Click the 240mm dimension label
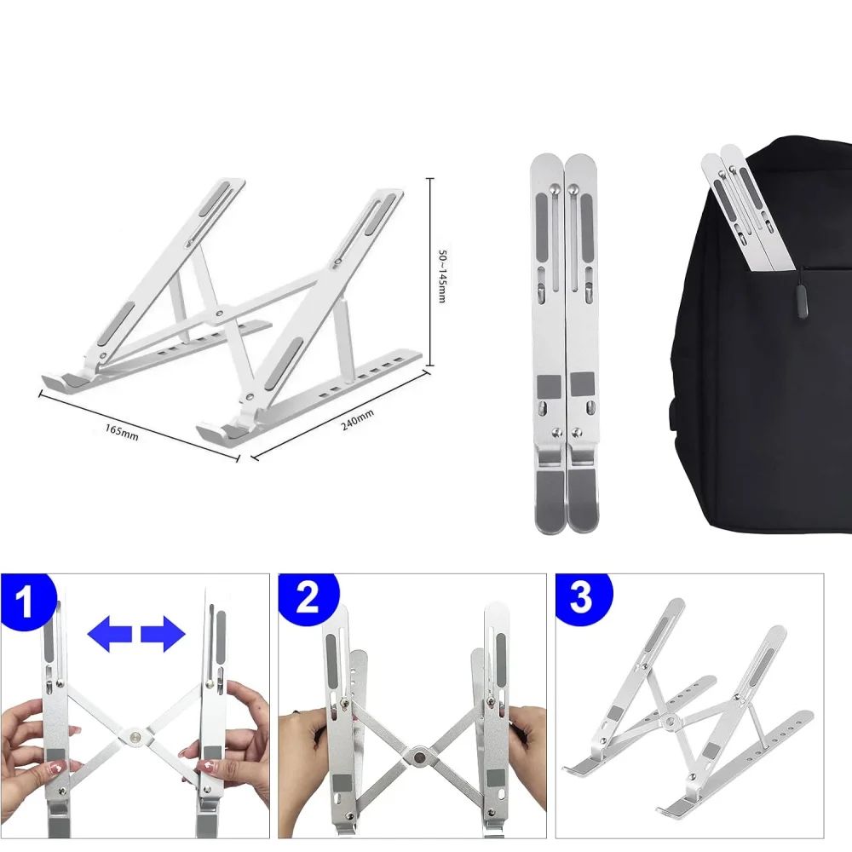tap(356, 417)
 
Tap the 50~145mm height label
tap(442, 275)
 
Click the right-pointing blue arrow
tap(163, 635)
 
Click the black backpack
tap(767, 383)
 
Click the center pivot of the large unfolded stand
tap(222, 314)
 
